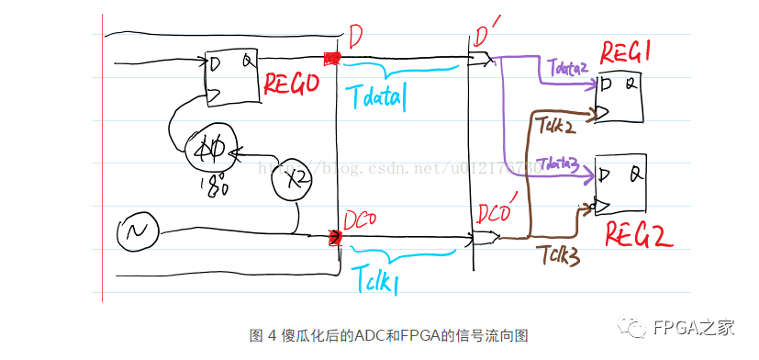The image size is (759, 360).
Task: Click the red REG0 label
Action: click(x=291, y=85)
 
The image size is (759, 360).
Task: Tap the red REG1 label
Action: click(x=626, y=51)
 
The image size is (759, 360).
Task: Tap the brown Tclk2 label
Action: click(x=557, y=125)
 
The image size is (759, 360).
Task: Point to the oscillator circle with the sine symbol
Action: click(x=138, y=234)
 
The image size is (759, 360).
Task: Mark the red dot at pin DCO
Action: click(x=334, y=239)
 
